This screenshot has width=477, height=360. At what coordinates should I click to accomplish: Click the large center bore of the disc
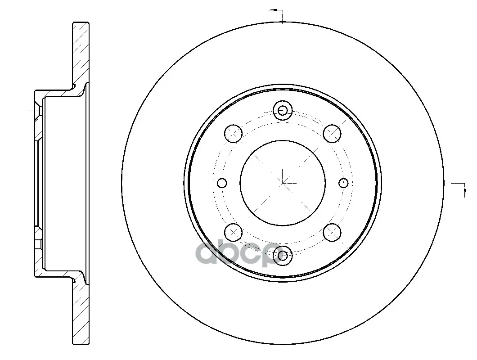tap(283, 183)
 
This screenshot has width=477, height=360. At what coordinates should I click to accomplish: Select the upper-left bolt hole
tap(234, 133)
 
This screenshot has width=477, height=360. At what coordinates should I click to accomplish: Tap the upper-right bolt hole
tap(332, 133)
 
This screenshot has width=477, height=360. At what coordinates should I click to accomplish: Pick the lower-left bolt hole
tap(234, 232)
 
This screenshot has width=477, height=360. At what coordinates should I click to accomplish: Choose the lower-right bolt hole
tap(332, 232)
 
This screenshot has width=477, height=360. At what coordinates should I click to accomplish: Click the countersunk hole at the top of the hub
tap(283, 110)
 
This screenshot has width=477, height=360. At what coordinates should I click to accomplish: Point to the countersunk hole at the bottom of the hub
tap(283, 255)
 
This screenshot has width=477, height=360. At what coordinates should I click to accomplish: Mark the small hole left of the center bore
tap(222, 183)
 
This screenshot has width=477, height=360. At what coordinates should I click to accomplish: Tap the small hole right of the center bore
tap(343, 183)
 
